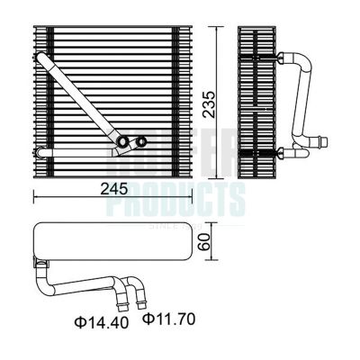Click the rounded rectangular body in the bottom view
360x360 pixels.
pyautogui.click(x=112, y=241)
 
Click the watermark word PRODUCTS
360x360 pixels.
pyautogui.click(x=175, y=199)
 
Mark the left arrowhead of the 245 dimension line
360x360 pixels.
pyautogui.click(x=36, y=196)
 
